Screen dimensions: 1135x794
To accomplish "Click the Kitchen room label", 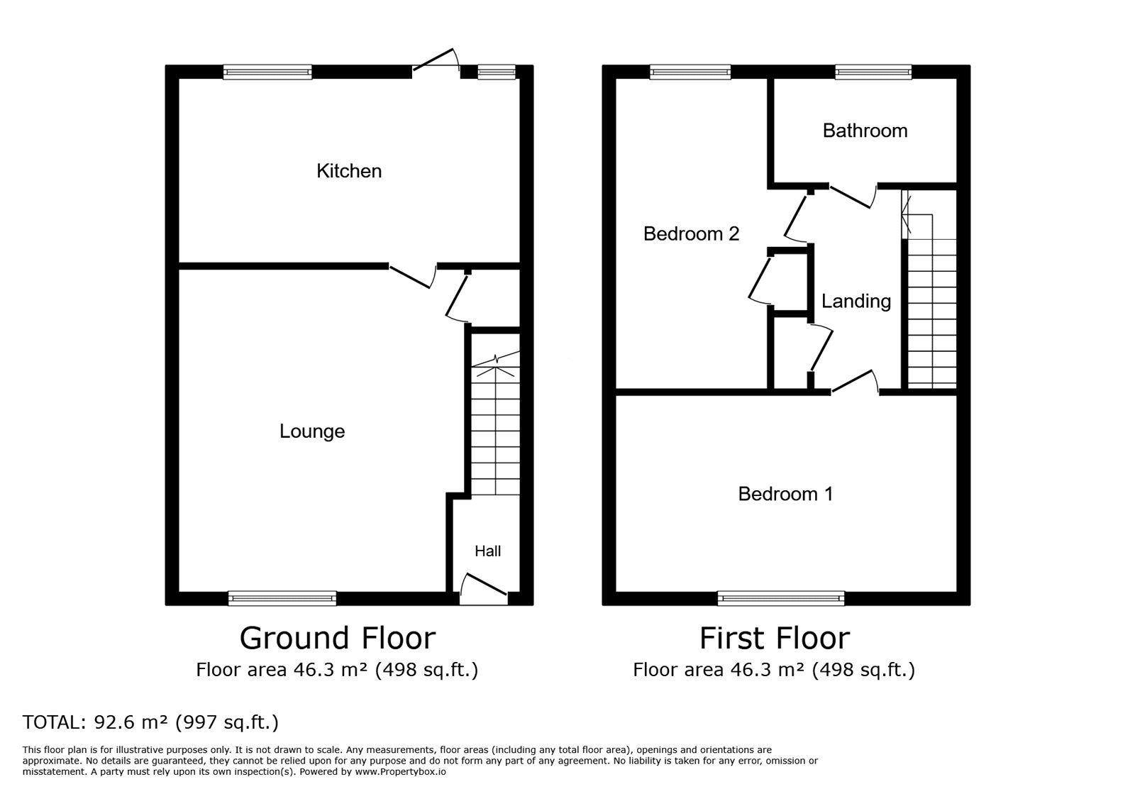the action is coord(349,171).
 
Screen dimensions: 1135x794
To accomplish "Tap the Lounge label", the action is coord(312,431).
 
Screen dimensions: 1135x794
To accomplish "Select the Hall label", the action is coord(487,551).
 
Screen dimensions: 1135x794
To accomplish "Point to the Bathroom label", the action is coord(865,131).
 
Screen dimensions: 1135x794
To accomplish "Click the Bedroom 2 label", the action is coord(691,233).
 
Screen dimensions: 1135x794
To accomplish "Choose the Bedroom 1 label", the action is coord(785,494).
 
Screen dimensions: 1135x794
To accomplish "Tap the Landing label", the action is coord(856,302).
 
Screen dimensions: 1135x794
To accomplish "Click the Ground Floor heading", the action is coord(338,638).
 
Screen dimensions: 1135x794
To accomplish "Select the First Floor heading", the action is coord(775,638).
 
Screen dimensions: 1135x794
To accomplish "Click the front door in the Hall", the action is coord(484,588).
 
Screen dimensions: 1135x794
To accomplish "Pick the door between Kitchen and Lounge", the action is coord(412,276).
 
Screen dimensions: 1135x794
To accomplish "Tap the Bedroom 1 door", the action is coord(855,382).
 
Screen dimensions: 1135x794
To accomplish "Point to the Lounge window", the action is coord(282,598).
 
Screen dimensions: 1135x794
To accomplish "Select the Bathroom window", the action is coord(873,72).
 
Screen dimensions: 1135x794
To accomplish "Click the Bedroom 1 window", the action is coord(781,598).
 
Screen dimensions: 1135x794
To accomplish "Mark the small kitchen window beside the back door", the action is coord(497,72).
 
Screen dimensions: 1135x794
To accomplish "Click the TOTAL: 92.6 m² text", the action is coord(151,722).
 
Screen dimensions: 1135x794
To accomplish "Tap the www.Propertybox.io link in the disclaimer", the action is coord(400,772).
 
